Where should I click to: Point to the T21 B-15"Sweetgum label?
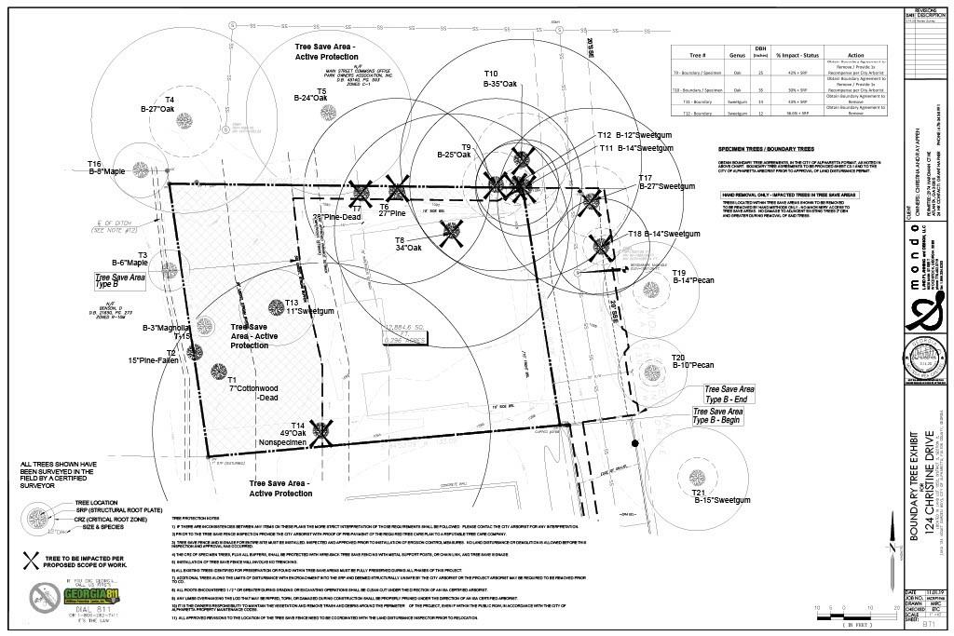coord(721,495)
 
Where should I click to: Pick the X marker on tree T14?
coord(322,429)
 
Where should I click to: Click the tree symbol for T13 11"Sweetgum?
coord(276,306)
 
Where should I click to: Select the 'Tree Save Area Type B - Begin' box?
coord(718,416)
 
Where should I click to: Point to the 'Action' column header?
coord(856,56)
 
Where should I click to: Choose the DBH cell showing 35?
coord(761,90)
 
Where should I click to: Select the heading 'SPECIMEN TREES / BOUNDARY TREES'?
coord(766,149)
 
